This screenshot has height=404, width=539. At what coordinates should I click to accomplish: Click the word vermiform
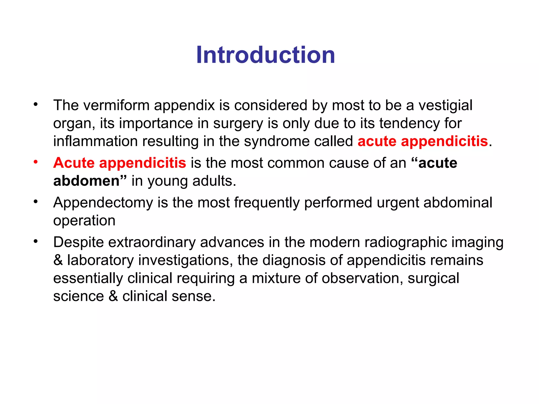tap(116, 105)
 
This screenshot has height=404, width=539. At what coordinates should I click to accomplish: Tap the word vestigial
tap(445, 105)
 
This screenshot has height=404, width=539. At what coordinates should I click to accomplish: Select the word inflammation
tap(95, 141)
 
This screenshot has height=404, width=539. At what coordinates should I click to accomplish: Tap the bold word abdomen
tap(86, 181)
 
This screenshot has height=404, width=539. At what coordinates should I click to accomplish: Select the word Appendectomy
tap(103, 203)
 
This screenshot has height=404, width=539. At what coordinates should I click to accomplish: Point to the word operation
tap(84, 221)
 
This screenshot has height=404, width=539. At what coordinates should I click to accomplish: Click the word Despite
tap(78, 243)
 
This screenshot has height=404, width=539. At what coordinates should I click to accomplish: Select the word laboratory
tap(100, 260)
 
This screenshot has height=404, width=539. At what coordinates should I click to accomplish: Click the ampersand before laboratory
tap(58, 260)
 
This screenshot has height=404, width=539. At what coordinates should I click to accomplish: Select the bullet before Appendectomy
tap(36, 202)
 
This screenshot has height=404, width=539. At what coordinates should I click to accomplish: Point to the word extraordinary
tap(152, 243)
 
